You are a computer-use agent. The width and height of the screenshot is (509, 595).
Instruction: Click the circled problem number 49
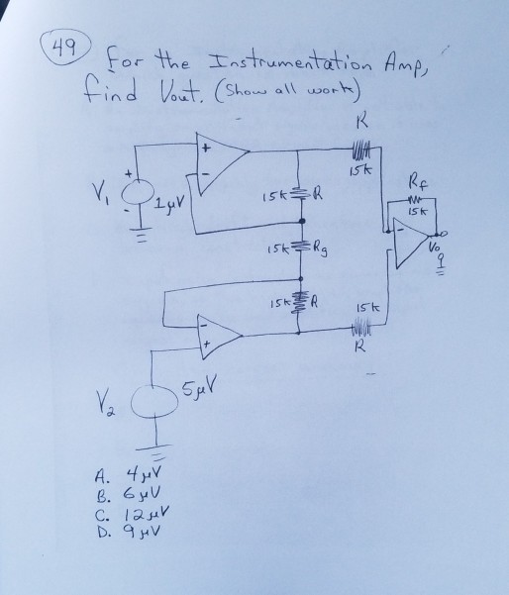point(65,48)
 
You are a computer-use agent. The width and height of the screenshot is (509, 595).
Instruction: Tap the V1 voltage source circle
point(138,195)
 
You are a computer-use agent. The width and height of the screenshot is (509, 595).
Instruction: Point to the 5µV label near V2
point(200,386)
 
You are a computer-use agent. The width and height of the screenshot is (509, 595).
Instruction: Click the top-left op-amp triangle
point(222,163)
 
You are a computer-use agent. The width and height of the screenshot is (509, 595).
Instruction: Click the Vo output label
point(435,248)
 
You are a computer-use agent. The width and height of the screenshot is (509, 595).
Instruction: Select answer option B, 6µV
point(128,494)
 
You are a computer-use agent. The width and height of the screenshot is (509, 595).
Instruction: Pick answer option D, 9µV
point(128,532)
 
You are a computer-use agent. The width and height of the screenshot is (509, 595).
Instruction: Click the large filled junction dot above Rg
point(302,221)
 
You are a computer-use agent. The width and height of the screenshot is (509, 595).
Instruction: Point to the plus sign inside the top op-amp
point(205,149)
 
